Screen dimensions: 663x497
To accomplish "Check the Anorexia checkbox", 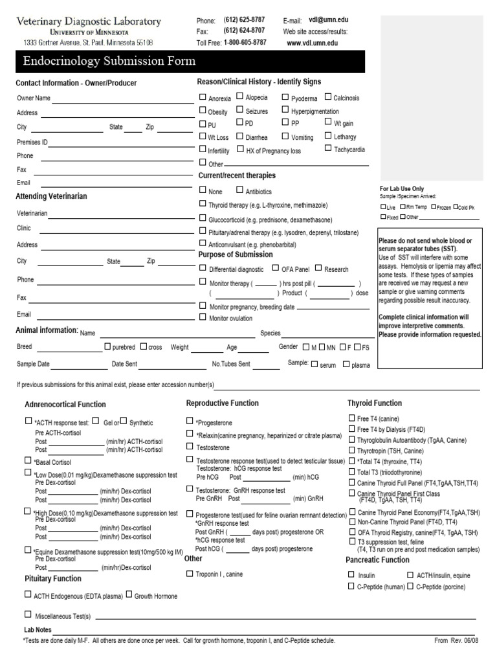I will pos(203,98).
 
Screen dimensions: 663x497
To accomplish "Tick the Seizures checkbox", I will pos(239,111).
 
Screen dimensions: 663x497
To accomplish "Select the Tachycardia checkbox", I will pos(328,149).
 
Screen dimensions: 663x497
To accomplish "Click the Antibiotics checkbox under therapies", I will pos(239,191).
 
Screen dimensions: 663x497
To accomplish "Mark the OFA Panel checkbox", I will pos(276,268).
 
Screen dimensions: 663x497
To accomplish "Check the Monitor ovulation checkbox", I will pos(203,317).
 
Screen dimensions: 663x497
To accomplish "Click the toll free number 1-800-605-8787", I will pos(245,42).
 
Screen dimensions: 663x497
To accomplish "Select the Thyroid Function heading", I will pos(375,403).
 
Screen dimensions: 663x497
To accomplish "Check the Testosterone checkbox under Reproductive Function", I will pos(190,446).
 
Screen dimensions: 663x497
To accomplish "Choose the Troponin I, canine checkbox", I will pos(190,573).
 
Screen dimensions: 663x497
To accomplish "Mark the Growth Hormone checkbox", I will pos(129,594).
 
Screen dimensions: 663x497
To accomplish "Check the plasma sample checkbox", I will pos(346,365).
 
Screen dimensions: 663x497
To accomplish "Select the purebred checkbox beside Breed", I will pos(107,347).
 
